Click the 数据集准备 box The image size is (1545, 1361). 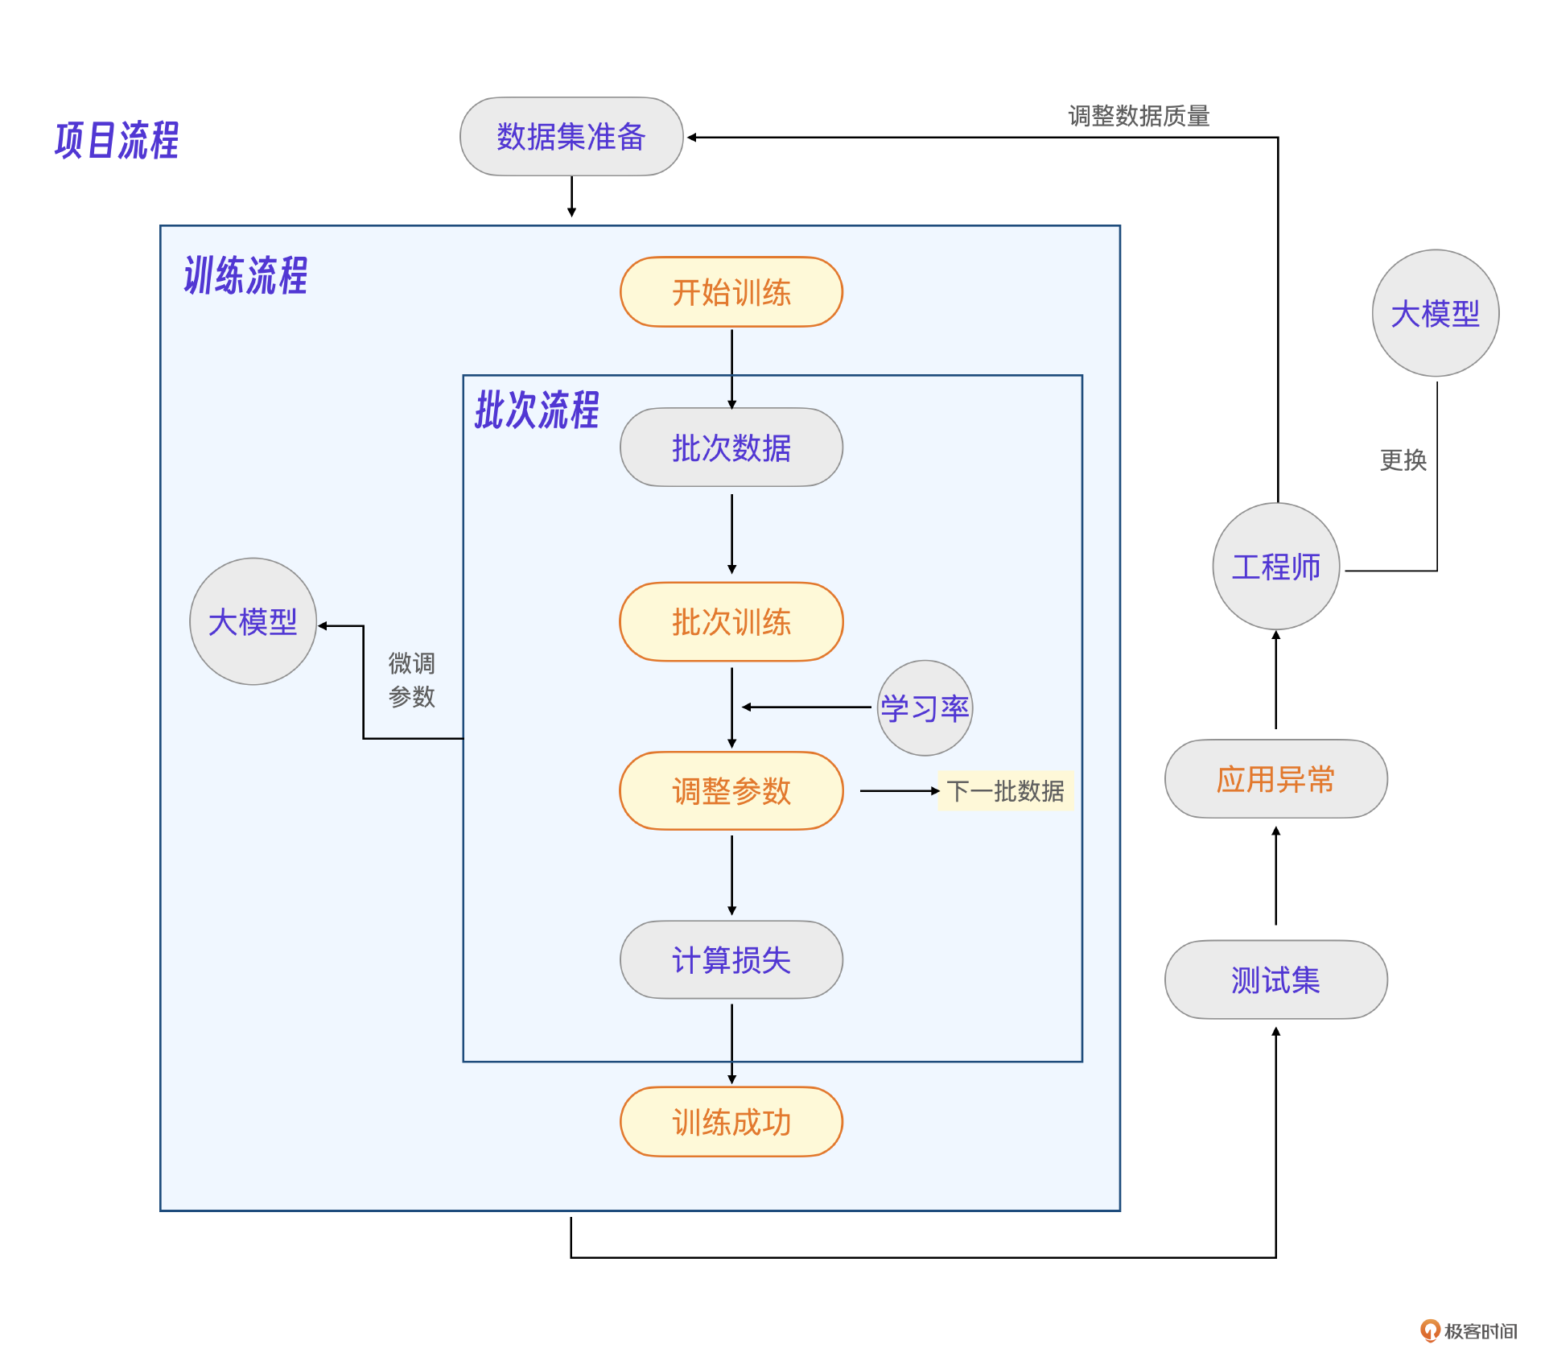571,137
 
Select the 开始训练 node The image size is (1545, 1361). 731,292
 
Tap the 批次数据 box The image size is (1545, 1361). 731,447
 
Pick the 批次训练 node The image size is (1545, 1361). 731,622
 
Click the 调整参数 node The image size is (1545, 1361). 731,791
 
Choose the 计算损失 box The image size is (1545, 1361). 731,960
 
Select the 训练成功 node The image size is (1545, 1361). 731,1122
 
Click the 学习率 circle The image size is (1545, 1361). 925,708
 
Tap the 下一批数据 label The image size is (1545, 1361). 1005,791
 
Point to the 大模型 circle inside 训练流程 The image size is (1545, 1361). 253,622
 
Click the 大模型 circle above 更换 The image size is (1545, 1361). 1435,314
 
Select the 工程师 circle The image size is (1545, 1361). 1275,567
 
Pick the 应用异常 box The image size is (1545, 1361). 1275,779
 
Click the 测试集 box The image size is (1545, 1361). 1275,980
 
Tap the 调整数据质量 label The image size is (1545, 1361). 1139,117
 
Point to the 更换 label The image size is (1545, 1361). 1403,460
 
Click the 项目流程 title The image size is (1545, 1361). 117,141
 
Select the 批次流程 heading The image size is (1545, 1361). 537,410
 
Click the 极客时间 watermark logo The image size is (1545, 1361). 1469,1331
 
